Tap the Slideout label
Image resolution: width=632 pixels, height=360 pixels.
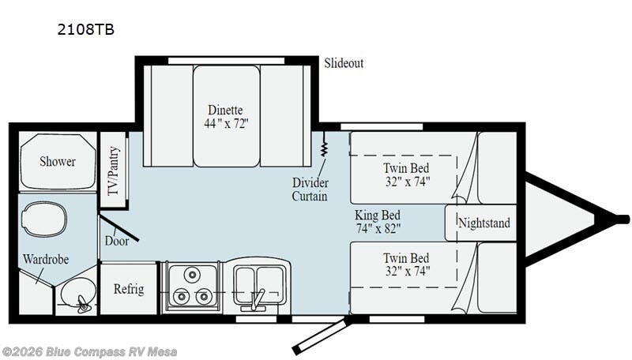[x=344, y=63]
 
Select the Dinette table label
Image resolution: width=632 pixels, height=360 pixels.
[x=226, y=117]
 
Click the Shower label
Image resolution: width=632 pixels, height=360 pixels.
[x=58, y=161]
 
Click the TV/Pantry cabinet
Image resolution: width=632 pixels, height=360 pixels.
[x=113, y=171]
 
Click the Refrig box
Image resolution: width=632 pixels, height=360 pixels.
[x=129, y=288]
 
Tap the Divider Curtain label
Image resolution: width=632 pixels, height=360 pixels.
[x=310, y=189]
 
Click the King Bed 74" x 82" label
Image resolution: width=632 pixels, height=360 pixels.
[x=378, y=222]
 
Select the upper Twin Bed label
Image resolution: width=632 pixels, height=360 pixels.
[x=406, y=174]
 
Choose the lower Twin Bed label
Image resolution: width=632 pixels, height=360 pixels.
[x=406, y=264]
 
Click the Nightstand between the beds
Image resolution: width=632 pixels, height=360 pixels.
[x=483, y=223]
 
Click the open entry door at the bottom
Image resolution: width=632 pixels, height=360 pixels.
[x=320, y=336]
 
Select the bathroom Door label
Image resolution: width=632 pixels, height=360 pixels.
[x=117, y=241]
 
